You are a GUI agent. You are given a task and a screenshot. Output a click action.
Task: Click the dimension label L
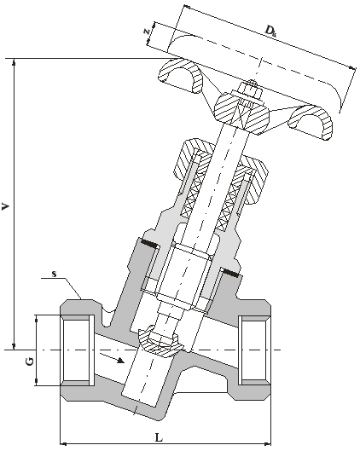159,438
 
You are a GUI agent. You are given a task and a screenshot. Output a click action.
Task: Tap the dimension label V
6,206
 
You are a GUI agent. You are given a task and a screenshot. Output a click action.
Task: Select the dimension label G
29,361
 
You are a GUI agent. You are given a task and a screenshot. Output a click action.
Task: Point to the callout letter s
54,274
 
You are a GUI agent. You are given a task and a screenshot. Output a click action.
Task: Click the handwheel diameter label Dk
270,31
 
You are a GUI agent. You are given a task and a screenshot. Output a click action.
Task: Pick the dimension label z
148,32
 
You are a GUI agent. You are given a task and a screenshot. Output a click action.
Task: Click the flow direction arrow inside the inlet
113,358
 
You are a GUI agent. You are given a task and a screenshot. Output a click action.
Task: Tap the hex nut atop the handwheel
250,89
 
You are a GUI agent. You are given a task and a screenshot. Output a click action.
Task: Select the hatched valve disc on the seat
160,342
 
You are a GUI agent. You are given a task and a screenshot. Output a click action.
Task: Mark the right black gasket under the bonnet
230,273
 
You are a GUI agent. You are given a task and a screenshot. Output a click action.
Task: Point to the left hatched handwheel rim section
181,75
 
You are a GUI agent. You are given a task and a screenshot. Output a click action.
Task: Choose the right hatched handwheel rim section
311,122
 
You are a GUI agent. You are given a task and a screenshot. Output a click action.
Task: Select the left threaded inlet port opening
77,350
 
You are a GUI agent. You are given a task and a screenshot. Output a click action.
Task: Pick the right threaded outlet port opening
254,350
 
